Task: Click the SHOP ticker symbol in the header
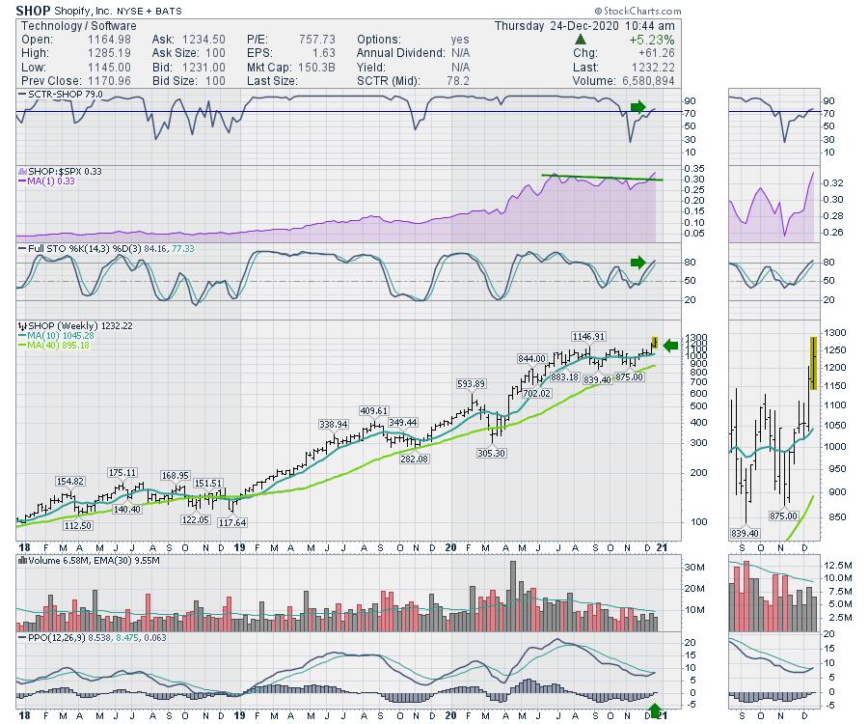point(34,10)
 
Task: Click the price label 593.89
point(472,383)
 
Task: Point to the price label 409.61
point(373,410)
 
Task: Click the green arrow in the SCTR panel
point(638,105)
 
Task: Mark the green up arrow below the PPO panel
point(656,712)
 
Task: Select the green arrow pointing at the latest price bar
point(671,346)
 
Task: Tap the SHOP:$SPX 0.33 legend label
point(58,170)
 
